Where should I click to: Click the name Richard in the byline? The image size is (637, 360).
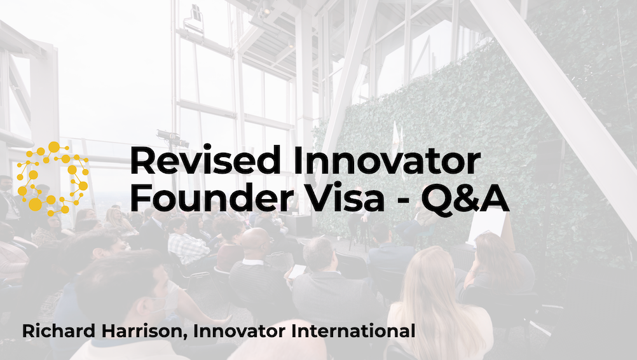[55, 331]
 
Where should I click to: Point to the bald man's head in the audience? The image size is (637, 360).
[257, 241]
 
